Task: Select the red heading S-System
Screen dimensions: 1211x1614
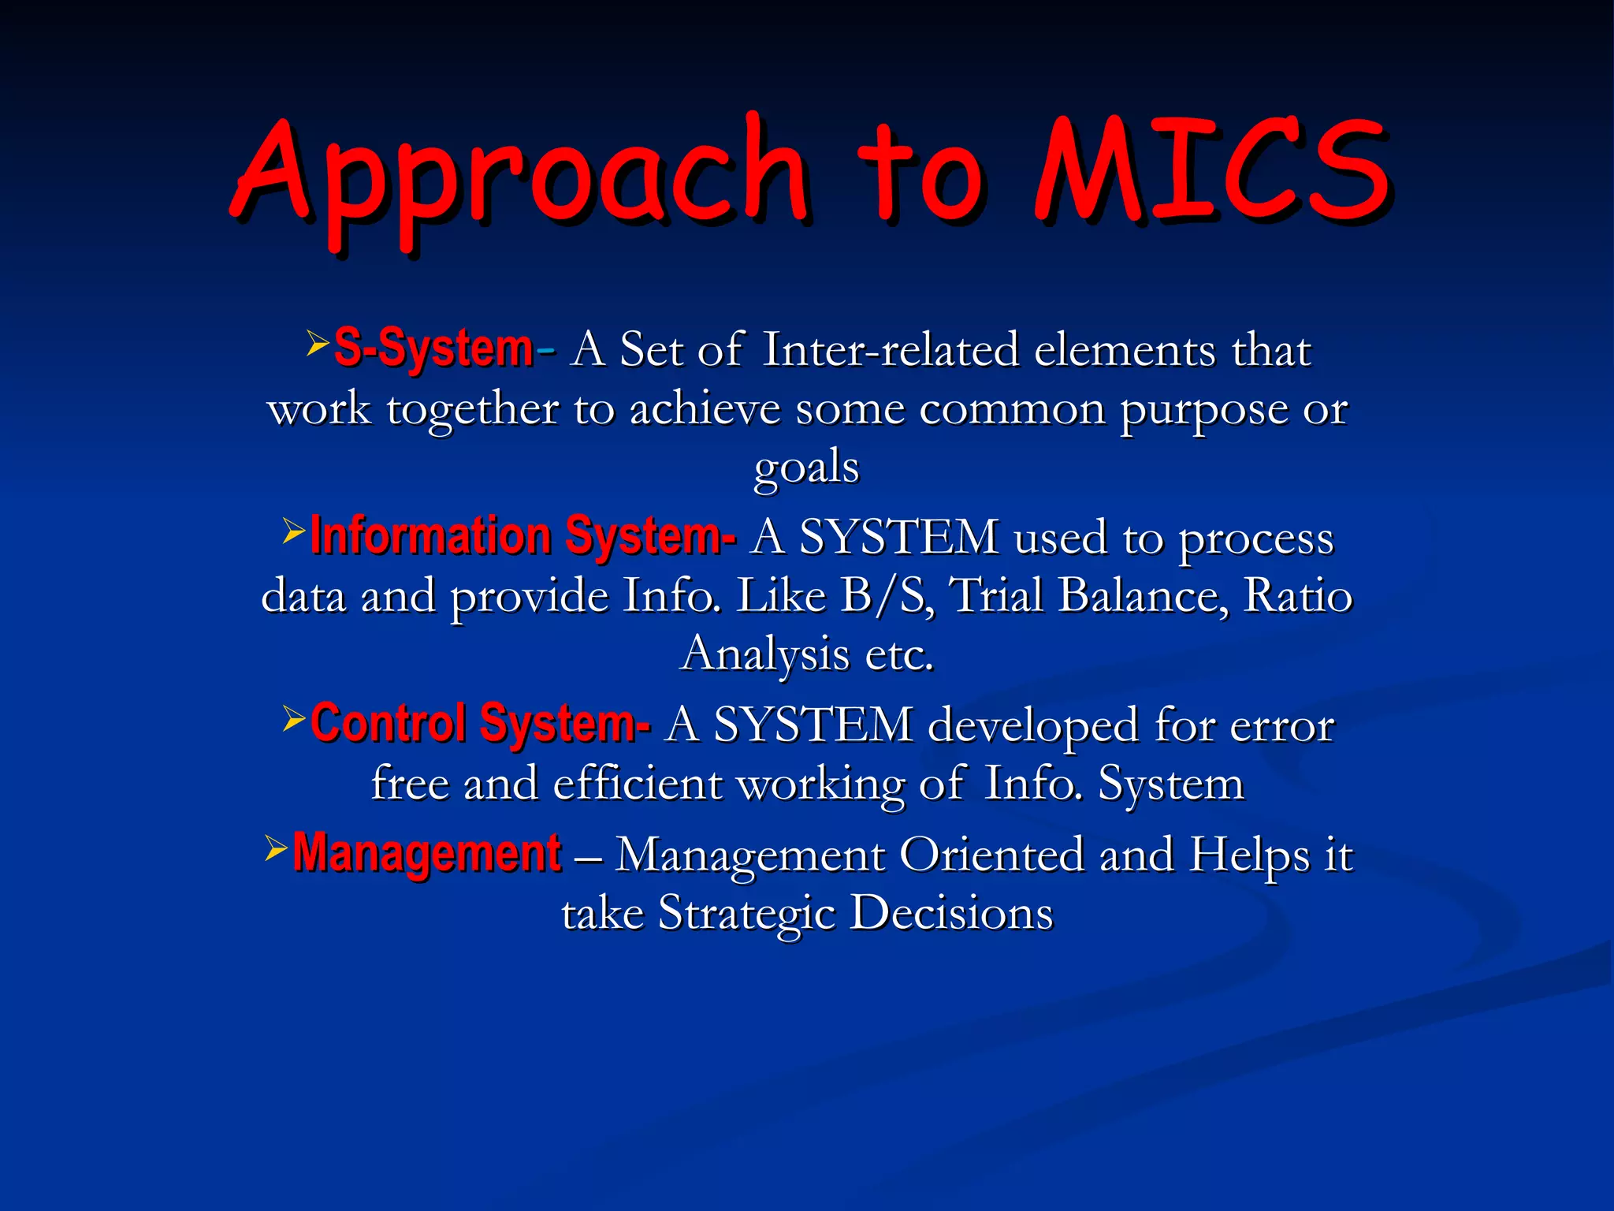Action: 433,348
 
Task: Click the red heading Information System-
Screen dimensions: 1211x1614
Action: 523,536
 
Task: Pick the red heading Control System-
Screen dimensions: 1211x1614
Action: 480,723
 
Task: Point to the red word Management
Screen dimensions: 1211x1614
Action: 426,853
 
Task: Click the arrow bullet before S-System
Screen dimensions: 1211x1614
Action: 317,342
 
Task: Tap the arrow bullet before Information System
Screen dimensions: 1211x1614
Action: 293,531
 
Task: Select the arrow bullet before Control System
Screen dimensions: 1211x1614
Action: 293,717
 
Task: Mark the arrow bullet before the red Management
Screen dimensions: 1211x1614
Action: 276,848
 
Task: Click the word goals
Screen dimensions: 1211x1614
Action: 806,468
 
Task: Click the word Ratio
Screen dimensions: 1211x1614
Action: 1298,596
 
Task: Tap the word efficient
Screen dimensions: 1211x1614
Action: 638,784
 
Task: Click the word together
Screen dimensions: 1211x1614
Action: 472,410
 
